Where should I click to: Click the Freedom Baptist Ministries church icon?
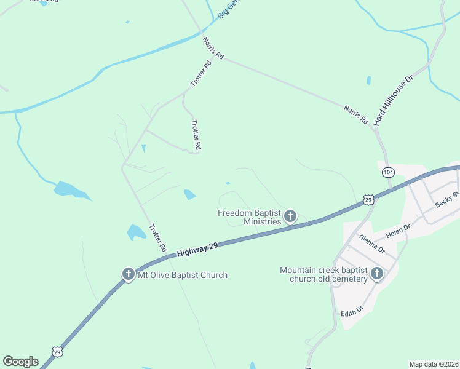click(x=290, y=216)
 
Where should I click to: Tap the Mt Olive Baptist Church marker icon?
click(x=128, y=274)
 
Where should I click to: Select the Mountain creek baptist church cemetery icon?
click(x=376, y=273)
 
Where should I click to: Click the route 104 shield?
click(x=387, y=172)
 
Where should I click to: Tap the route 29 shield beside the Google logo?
click(x=57, y=352)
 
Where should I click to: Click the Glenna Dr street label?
click(x=371, y=245)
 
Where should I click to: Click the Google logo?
click(x=20, y=362)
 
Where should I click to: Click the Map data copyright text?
click(x=434, y=364)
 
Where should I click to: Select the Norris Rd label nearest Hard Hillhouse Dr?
click(x=355, y=114)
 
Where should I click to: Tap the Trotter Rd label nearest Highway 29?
click(x=158, y=237)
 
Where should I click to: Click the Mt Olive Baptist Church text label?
click(x=183, y=275)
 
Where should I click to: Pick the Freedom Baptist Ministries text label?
click(x=249, y=217)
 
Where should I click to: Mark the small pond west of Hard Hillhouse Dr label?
click(x=368, y=81)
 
